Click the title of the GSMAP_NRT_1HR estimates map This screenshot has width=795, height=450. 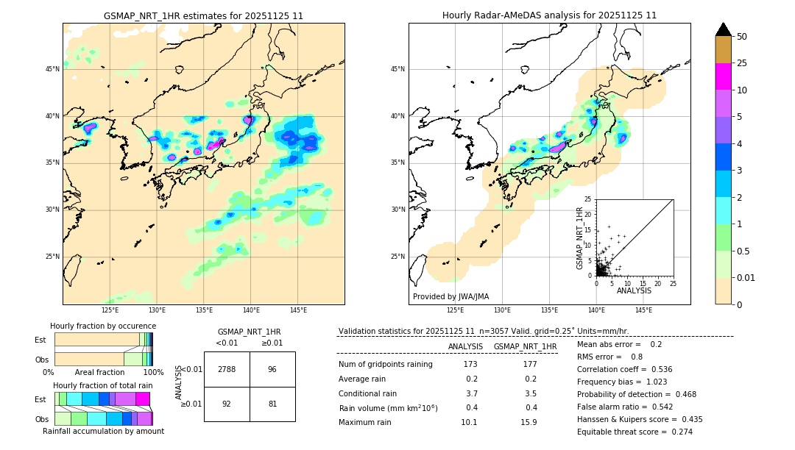pyautogui.click(x=203, y=15)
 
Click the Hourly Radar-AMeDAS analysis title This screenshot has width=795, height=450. pyautogui.click(x=549, y=15)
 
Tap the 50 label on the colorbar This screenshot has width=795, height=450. pyautogui.click(x=742, y=37)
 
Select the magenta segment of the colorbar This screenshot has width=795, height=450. pyautogui.click(x=724, y=76)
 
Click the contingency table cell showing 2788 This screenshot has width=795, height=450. pyautogui.click(x=227, y=369)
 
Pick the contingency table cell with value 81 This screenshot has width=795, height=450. pyautogui.click(x=272, y=404)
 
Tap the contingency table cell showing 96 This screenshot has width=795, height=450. pyautogui.click(x=272, y=369)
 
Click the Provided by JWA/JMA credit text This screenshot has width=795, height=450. pyautogui.click(x=451, y=297)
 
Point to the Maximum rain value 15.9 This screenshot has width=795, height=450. pyautogui.click(x=529, y=422)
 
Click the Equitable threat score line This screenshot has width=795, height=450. pyautogui.click(x=635, y=432)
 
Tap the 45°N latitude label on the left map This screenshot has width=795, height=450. pyautogui.click(x=52, y=69)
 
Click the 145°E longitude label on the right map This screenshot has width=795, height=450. pyautogui.click(x=644, y=310)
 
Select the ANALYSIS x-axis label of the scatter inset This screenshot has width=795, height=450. pyautogui.click(x=634, y=290)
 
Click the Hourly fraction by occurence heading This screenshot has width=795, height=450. pyautogui.click(x=103, y=326)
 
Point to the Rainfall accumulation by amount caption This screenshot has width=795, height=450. pyautogui.click(x=103, y=431)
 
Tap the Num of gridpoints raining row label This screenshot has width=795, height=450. pyautogui.click(x=385, y=364)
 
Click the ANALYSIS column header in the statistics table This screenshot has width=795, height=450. pyautogui.click(x=465, y=346)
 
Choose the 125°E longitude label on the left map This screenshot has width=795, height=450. pyautogui.click(x=110, y=310)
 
